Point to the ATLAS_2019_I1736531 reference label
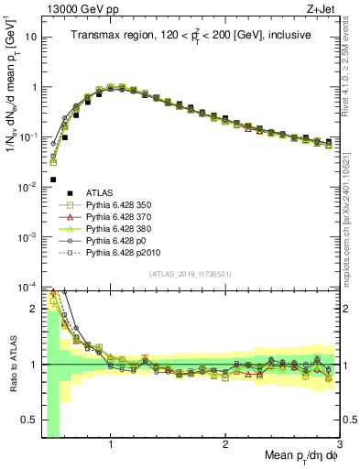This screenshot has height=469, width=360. coord(190,275)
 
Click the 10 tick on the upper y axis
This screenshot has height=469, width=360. coord(31,38)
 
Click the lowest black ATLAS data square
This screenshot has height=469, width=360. coord(53,180)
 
